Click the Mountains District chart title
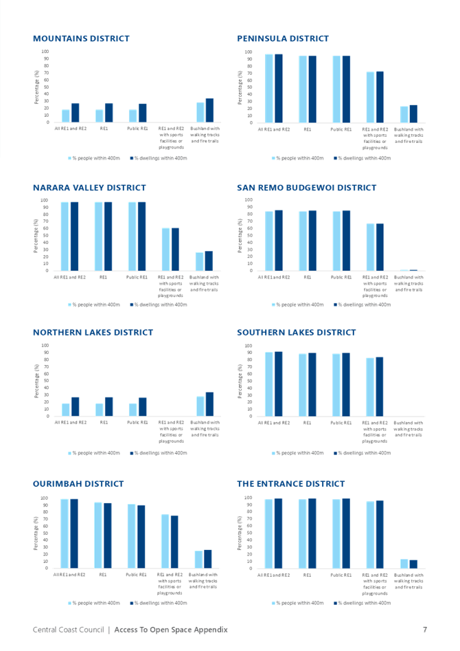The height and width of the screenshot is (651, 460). click(x=81, y=38)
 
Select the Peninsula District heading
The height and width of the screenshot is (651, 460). click(x=282, y=38)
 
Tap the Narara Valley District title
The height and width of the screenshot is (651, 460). click(x=89, y=188)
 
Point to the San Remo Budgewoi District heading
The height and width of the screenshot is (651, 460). click(x=306, y=188)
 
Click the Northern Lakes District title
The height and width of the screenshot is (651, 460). click(x=93, y=333)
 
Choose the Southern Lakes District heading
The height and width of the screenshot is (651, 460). click(x=296, y=333)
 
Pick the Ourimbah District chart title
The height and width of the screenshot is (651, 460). click(x=78, y=485)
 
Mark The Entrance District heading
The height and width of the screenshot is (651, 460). click(x=290, y=485)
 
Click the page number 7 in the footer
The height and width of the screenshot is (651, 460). click(x=425, y=629)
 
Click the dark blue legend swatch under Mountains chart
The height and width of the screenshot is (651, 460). click(x=131, y=158)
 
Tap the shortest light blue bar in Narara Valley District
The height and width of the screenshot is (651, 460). click(x=199, y=261)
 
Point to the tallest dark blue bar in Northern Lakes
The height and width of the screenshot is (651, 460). click(x=209, y=404)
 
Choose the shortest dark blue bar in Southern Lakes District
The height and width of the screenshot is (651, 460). click(x=379, y=386)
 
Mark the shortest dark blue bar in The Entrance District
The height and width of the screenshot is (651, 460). click(x=413, y=564)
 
